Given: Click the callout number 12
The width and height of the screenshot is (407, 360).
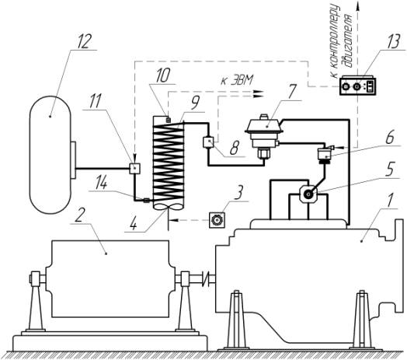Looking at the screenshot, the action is pos(84,41).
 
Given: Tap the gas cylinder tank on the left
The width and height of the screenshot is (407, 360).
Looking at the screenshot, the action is pos(50,155).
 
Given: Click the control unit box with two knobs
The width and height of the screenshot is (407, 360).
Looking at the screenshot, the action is pos(358,85).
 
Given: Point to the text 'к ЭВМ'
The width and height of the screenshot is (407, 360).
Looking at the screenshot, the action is pos(236,81).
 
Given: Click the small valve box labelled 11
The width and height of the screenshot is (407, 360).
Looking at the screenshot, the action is pos(135,169).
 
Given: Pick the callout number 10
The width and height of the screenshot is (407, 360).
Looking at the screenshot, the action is pos(163,76).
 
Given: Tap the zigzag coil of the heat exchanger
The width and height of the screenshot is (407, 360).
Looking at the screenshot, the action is pos(169,163).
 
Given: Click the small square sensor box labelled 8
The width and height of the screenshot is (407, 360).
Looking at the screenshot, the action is pos(208,142).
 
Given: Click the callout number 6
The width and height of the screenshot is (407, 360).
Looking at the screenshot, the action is pos(390,138).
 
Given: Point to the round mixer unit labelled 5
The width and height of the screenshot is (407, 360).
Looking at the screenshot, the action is pos(308,194).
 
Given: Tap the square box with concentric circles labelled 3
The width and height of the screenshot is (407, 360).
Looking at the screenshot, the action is pos(217,220).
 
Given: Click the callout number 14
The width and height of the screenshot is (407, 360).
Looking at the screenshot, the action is pos(101,183).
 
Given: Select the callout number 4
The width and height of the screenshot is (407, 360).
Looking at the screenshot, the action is pos(134,224).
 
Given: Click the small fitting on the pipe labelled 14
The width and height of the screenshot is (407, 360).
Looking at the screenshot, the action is pos(146,200).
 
